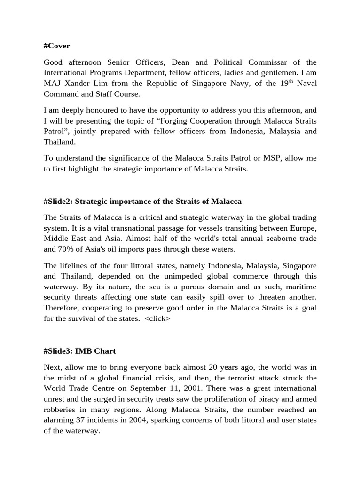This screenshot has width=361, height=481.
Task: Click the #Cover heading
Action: pos(57,46)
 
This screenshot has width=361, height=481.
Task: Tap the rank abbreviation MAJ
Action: pos(52,83)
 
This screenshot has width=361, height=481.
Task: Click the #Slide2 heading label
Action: pos(58,201)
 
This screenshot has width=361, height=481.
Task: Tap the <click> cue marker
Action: pos(157,318)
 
